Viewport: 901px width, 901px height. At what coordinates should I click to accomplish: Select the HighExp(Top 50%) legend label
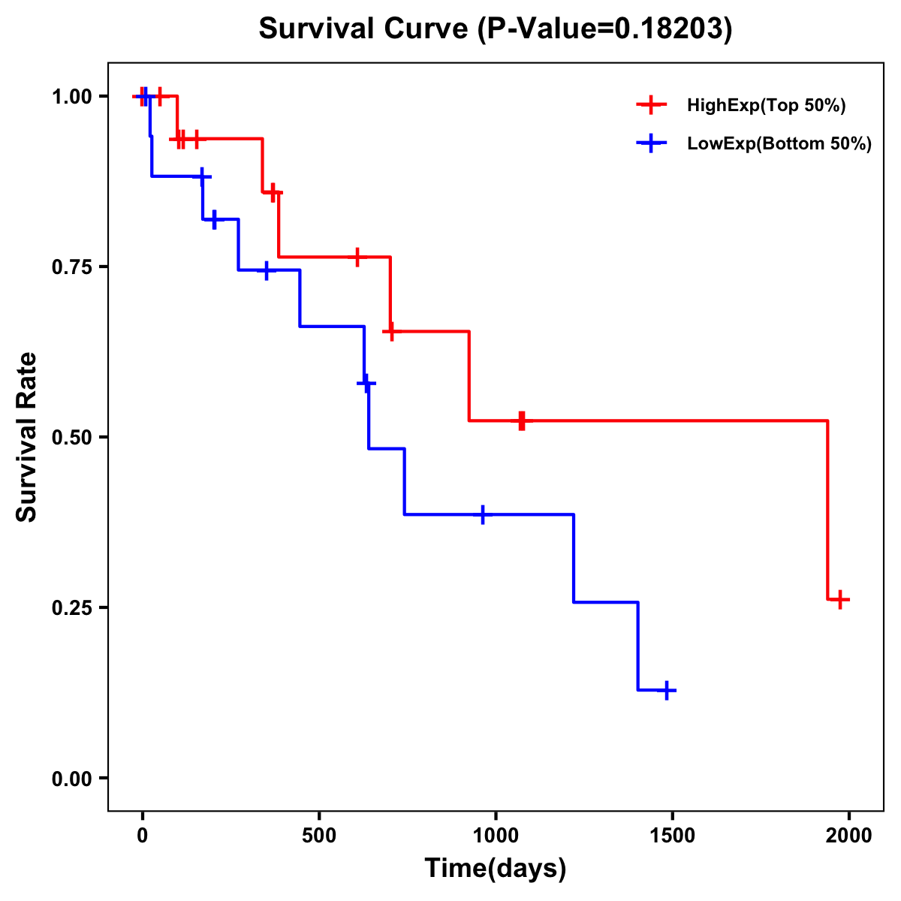coord(766,105)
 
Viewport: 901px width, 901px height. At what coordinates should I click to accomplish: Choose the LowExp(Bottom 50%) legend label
coord(779,144)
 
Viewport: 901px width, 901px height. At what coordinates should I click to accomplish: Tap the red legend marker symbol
coord(651,105)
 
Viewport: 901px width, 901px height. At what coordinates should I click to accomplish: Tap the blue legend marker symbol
coord(651,144)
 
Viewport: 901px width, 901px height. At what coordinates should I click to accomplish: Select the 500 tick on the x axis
coord(319,835)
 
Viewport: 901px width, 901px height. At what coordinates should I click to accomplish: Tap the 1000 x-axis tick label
coord(496,835)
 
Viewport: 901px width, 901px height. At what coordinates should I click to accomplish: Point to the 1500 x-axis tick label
coord(672,835)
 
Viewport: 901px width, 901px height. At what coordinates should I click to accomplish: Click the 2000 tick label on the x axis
coord(849,835)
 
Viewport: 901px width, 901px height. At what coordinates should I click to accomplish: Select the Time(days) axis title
coord(496,868)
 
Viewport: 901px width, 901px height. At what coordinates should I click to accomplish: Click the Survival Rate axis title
coord(27,437)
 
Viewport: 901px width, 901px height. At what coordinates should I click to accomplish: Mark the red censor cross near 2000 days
coord(840,599)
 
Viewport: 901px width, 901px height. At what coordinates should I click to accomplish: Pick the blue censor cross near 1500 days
coord(666,690)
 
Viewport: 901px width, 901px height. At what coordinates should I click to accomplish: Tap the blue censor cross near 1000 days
coord(483,514)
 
